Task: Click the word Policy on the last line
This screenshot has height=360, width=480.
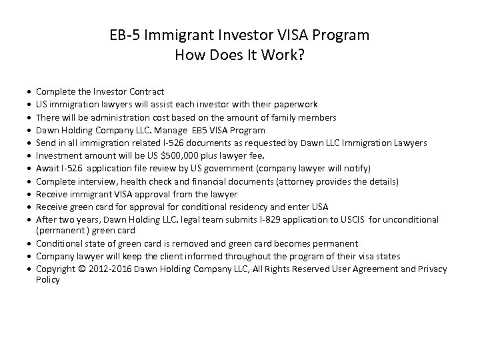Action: [49, 280]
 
